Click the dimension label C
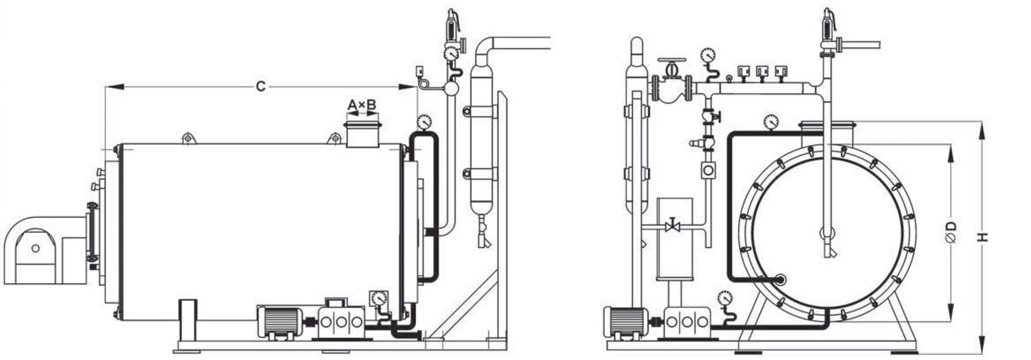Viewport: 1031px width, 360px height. tap(260, 86)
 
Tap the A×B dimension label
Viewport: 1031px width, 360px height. tap(361, 105)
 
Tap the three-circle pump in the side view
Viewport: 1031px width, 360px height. tap(338, 321)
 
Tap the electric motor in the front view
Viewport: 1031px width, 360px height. tap(623, 321)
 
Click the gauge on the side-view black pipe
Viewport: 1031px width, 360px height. tap(424, 122)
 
